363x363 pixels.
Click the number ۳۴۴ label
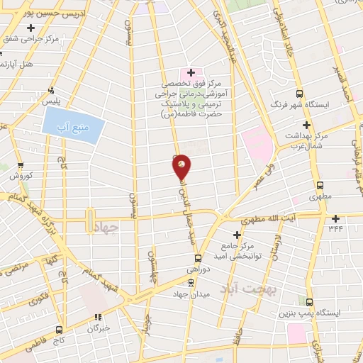point(336,228)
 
